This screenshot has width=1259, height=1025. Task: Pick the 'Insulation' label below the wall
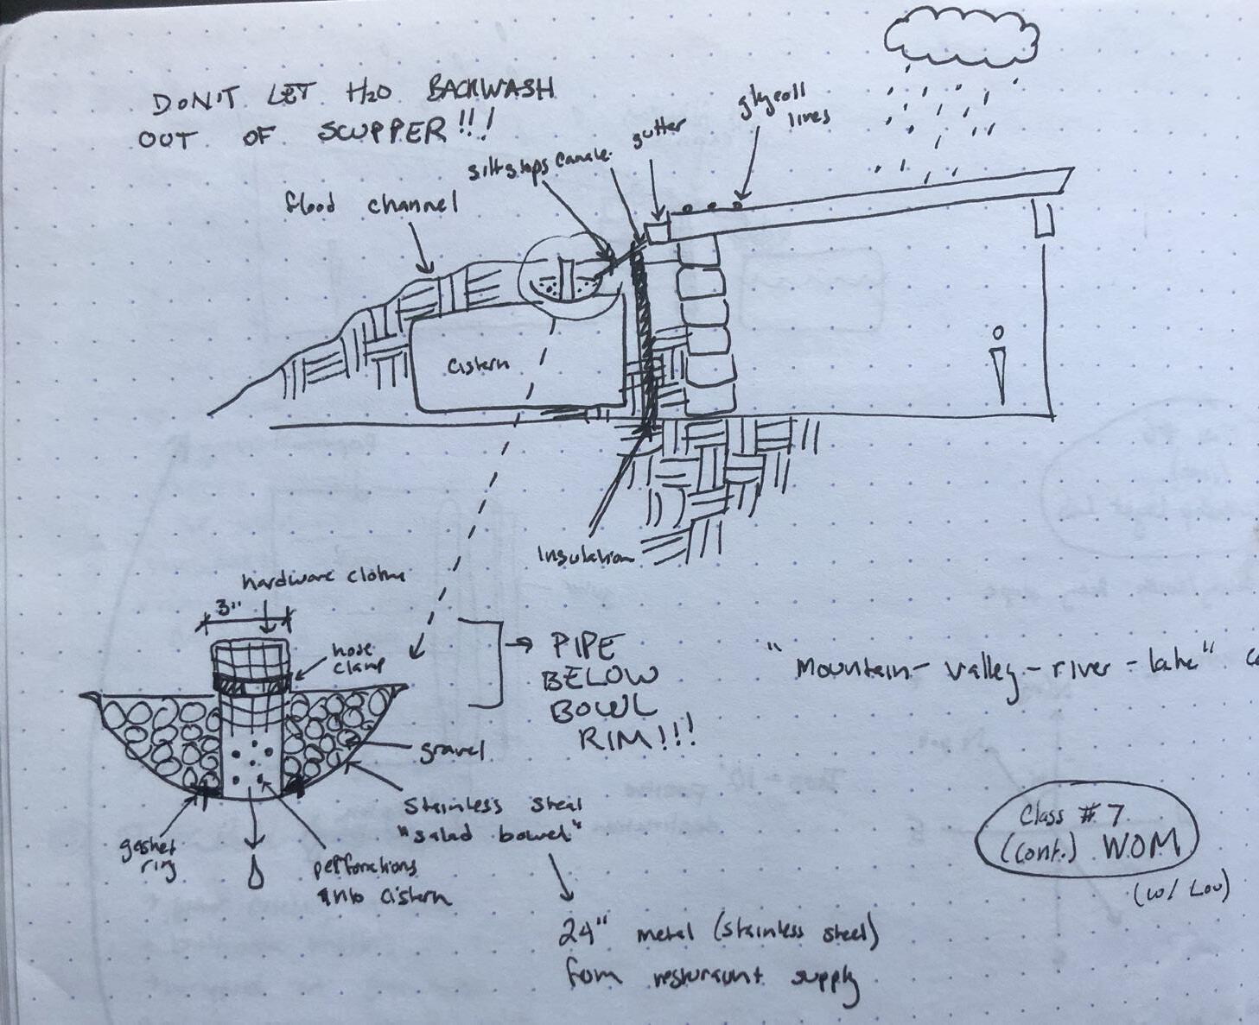pos(585,554)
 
